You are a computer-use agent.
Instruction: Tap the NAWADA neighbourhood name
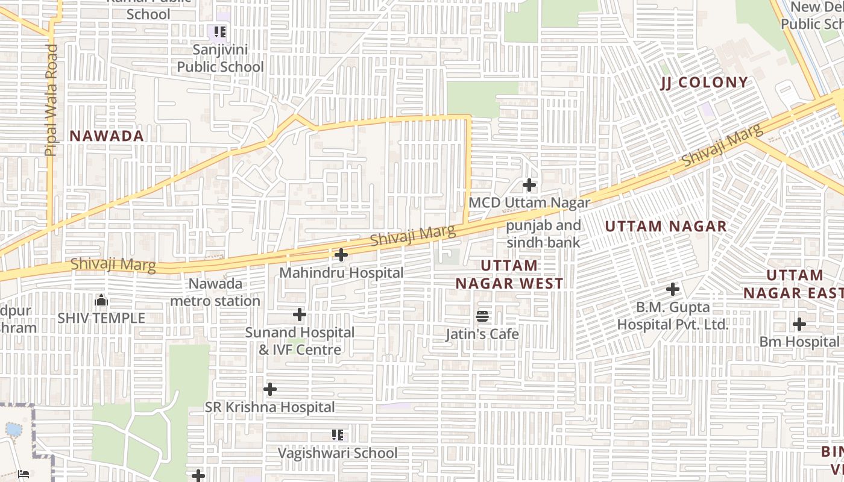(x=107, y=136)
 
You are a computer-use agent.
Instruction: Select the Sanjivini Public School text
(x=220, y=58)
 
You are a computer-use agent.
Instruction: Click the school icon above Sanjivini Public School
(x=219, y=31)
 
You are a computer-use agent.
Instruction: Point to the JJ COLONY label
(x=704, y=83)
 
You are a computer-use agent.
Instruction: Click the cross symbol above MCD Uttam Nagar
(x=529, y=185)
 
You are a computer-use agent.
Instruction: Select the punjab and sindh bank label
(x=543, y=234)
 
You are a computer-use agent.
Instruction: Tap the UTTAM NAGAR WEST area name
(x=509, y=274)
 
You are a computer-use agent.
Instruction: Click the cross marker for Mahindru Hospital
(x=341, y=255)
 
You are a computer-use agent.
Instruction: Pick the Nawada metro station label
(x=215, y=292)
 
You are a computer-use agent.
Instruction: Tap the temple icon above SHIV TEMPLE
(x=101, y=300)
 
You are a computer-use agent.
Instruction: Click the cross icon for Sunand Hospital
(x=300, y=315)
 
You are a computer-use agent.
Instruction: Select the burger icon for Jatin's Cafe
(x=482, y=316)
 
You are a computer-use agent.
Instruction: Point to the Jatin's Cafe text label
(x=482, y=334)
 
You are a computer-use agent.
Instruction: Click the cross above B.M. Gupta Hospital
(x=673, y=289)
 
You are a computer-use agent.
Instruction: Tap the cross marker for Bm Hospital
(x=799, y=324)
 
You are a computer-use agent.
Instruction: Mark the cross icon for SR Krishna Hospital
(x=270, y=389)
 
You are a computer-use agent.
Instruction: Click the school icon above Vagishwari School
(x=338, y=435)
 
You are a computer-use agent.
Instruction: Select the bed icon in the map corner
(x=24, y=474)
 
